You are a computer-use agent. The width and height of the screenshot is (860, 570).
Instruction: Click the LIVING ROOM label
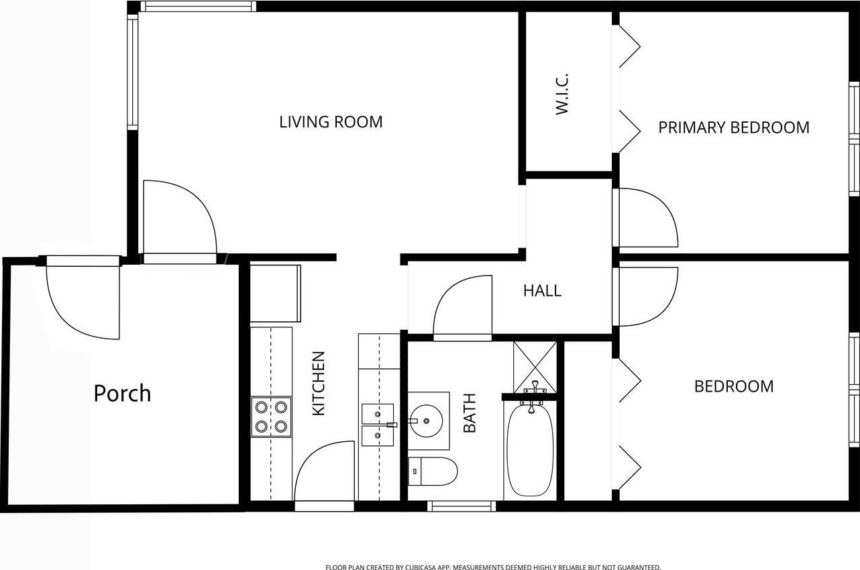coord(331,122)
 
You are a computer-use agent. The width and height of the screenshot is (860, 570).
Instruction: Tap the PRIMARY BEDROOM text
coord(734,127)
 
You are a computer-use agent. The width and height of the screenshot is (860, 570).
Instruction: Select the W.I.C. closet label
coord(561,94)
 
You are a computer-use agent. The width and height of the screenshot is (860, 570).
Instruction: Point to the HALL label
coord(542,290)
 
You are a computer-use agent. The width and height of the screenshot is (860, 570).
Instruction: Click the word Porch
coord(122,394)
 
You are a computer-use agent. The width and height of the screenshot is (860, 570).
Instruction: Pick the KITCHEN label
coord(319,384)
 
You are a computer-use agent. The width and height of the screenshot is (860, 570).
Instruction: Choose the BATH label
coord(470,413)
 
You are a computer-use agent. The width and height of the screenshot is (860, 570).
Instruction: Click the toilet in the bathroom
coord(432,471)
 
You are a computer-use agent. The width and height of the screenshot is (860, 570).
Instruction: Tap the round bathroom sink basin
coord(426,421)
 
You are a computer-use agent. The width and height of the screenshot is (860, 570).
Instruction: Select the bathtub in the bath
coord(531,450)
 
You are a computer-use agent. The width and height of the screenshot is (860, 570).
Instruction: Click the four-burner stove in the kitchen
coord(271,417)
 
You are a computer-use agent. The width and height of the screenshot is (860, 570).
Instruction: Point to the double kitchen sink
coord(378,425)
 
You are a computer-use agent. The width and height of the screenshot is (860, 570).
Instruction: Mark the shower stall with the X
coord(535,367)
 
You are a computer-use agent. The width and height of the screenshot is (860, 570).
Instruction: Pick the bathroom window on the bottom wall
coord(462,506)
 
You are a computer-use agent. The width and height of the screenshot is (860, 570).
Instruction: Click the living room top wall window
coord(198,6)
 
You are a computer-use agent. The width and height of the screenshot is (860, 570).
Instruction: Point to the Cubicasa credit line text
coord(493,567)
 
